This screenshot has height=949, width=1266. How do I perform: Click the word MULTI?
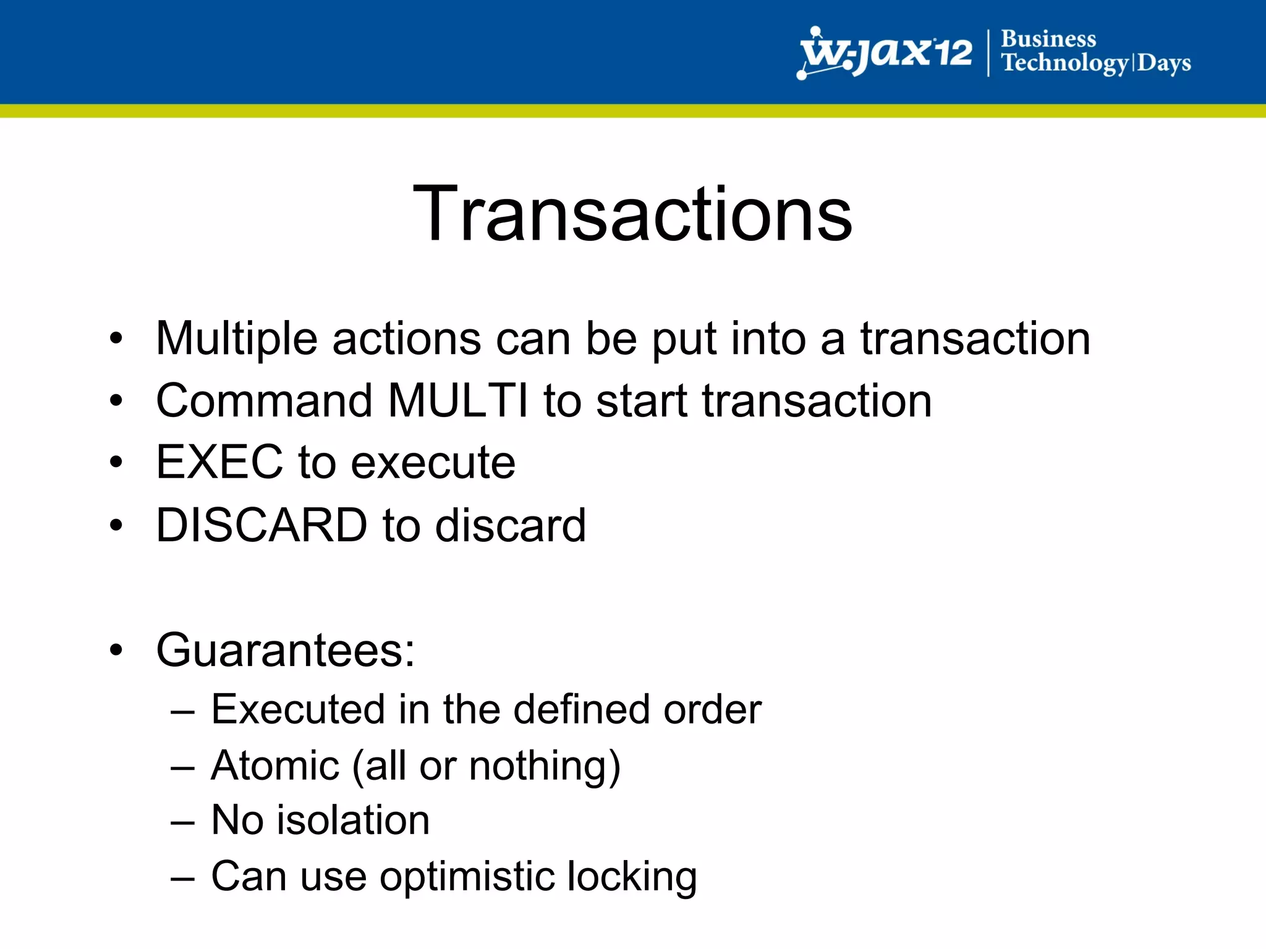[x=458, y=401]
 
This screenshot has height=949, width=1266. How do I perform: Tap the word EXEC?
[x=219, y=463]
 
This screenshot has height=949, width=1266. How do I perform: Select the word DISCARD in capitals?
[x=261, y=526]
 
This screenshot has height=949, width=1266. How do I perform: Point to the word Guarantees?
[x=286, y=651]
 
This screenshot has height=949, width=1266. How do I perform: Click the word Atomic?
[x=275, y=766]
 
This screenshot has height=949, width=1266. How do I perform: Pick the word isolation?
[x=352, y=820]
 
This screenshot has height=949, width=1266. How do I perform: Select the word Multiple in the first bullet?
[x=237, y=339]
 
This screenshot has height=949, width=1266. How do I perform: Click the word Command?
[x=265, y=401]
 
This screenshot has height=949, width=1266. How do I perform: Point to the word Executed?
[x=297, y=709]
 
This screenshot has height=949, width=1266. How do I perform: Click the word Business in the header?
[x=1048, y=39]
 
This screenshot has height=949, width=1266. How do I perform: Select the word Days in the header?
[x=1164, y=64]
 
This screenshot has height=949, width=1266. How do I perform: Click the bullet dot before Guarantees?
[x=116, y=651]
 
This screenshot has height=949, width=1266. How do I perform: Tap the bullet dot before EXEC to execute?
[x=116, y=462]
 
